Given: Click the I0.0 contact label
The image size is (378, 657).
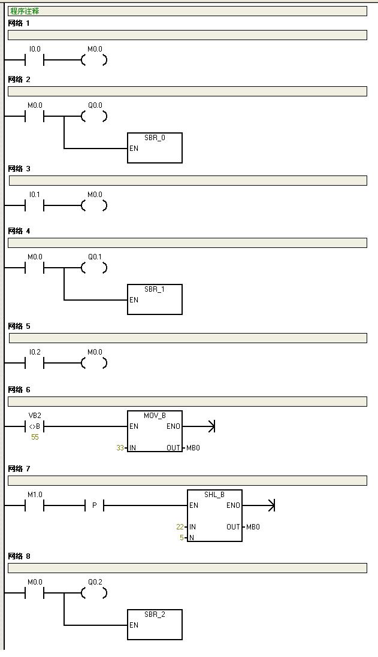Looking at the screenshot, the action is (x=35, y=49).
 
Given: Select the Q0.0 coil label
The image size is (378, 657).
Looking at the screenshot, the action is (x=95, y=105).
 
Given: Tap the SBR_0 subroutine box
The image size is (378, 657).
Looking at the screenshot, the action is (x=155, y=148).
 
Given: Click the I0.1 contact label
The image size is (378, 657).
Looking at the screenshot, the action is (x=35, y=195).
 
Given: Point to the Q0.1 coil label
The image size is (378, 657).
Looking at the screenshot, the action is (x=95, y=257).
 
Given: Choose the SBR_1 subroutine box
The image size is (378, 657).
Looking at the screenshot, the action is (x=155, y=299).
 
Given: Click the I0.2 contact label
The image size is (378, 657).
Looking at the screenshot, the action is (x=35, y=352).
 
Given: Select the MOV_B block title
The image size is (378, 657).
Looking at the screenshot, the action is (x=155, y=416).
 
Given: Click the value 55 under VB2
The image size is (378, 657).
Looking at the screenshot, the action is (x=35, y=437).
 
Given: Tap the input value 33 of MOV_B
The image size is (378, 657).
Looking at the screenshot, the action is (x=120, y=448).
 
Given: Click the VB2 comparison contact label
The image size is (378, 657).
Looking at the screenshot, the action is (x=35, y=416).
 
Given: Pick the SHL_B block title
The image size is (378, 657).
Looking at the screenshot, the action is (x=214, y=495).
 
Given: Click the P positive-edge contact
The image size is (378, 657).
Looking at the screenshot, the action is (x=94, y=505).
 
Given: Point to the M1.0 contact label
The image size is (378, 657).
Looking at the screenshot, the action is (x=35, y=495).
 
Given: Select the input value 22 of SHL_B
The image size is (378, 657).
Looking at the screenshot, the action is (x=180, y=526).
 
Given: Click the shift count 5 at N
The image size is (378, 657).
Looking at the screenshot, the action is (x=182, y=538).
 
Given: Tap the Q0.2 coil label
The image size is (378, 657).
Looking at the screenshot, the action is (x=95, y=582).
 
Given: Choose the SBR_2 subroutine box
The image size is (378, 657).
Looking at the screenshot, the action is (x=155, y=625).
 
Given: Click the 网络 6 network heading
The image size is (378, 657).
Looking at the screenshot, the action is (x=19, y=390).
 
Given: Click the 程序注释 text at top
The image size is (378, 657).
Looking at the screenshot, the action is (x=25, y=11).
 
